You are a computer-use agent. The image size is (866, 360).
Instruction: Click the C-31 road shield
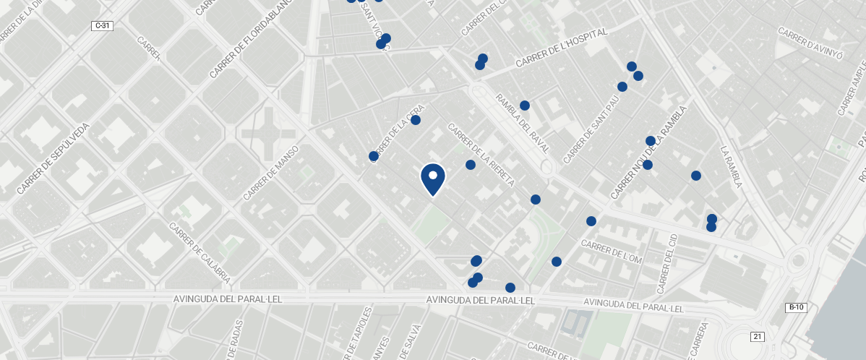[x=103, y=26]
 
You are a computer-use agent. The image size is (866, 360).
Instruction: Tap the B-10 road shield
[x=796, y=307]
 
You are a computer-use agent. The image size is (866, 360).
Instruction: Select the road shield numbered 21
[x=757, y=336]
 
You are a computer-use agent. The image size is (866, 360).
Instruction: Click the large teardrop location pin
[x=432, y=179]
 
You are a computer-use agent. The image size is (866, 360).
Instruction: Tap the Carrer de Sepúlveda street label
[x=53, y=158]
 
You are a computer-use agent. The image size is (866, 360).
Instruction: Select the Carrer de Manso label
[x=270, y=173]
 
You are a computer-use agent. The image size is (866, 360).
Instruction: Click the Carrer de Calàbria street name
[x=200, y=251]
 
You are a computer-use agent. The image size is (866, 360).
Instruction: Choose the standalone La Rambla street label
[x=732, y=166]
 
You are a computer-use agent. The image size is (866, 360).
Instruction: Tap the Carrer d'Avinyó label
[x=810, y=40]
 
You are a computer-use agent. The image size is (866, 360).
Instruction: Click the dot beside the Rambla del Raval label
[x=525, y=106]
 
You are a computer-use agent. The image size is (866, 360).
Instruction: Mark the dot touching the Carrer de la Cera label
[x=416, y=120]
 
